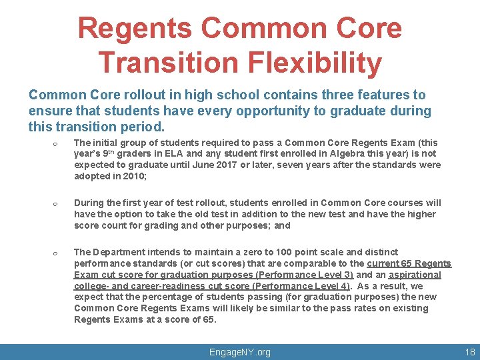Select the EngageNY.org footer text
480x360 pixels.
click(x=240, y=351)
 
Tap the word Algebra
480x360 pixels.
click(x=342, y=153)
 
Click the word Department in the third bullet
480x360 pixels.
click(x=116, y=252)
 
